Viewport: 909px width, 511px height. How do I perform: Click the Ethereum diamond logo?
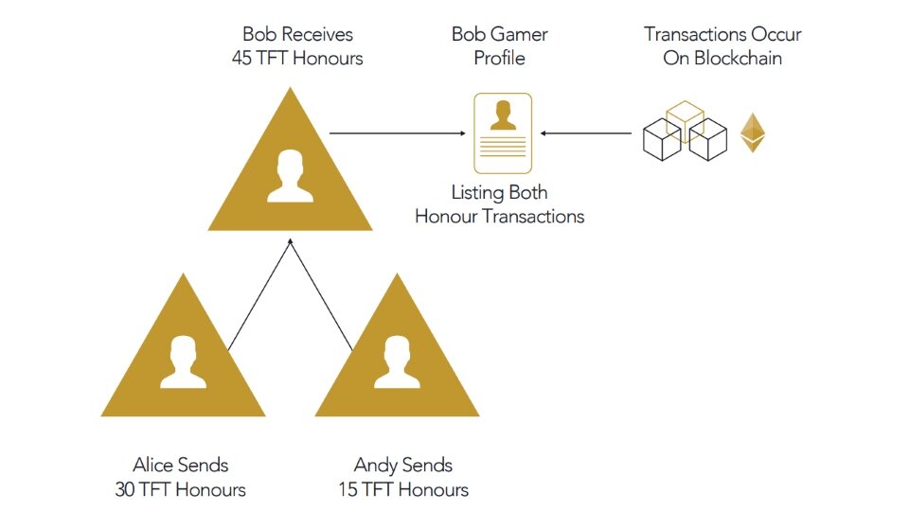click(752, 132)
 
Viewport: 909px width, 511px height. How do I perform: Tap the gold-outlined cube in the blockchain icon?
click(685, 119)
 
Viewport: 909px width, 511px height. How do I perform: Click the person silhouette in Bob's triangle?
click(290, 175)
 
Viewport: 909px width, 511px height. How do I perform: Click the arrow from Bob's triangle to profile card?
click(398, 132)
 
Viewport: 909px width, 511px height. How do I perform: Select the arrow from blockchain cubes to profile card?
click(587, 132)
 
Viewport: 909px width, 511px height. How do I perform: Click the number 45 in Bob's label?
click(242, 58)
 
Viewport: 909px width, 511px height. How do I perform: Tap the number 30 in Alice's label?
click(124, 489)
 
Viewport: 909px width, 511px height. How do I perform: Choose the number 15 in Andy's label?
click(348, 489)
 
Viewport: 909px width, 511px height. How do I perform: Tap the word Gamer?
click(521, 35)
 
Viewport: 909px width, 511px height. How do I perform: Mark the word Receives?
click(317, 35)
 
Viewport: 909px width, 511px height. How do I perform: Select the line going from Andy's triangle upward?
click(322, 295)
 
